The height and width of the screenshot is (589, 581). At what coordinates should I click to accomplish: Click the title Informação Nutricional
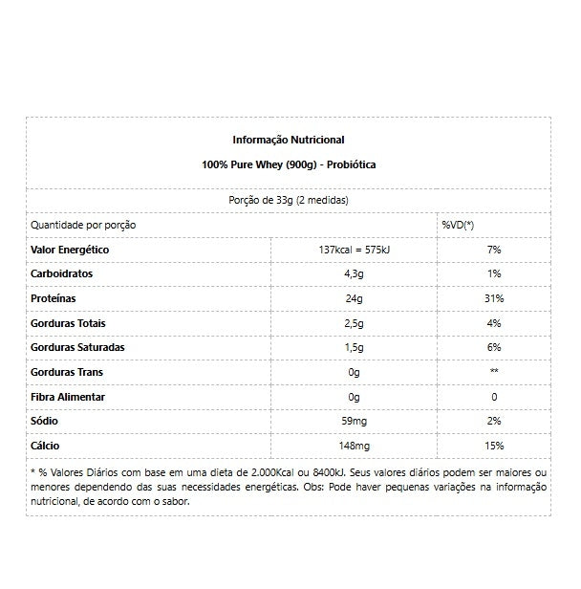[x=289, y=140]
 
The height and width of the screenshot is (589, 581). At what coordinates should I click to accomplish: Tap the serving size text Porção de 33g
[x=289, y=201]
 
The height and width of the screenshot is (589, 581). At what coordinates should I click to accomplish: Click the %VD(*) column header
[x=458, y=225]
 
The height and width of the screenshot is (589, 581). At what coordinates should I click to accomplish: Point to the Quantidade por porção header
[x=84, y=225]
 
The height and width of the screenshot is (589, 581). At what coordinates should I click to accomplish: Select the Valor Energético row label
[x=71, y=250]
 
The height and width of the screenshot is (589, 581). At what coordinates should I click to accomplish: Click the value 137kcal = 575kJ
[x=354, y=250]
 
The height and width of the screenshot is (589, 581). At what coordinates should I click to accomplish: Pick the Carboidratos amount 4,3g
[x=354, y=274]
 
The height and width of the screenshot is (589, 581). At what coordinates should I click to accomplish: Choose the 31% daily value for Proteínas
[x=493, y=298]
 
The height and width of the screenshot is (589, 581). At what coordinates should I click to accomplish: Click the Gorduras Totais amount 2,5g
[x=354, y=323]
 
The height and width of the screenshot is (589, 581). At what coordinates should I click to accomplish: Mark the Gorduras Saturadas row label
[x=78, y=347]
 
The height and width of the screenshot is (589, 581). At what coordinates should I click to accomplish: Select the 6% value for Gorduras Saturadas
[x=493, y=347]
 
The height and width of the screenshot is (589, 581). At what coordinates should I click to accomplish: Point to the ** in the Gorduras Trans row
[x=493, y=372]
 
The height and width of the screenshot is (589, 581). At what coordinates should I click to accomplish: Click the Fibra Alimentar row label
[x=69, y=397]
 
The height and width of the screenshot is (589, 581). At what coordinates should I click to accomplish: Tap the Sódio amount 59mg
[x=354, y=421]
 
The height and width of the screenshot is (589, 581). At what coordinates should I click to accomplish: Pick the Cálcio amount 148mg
[x=354, y=446]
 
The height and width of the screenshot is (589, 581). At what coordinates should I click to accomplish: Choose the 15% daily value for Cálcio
[x=493, y=446]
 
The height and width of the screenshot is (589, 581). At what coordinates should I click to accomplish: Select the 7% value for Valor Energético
[x=493, y=250]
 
